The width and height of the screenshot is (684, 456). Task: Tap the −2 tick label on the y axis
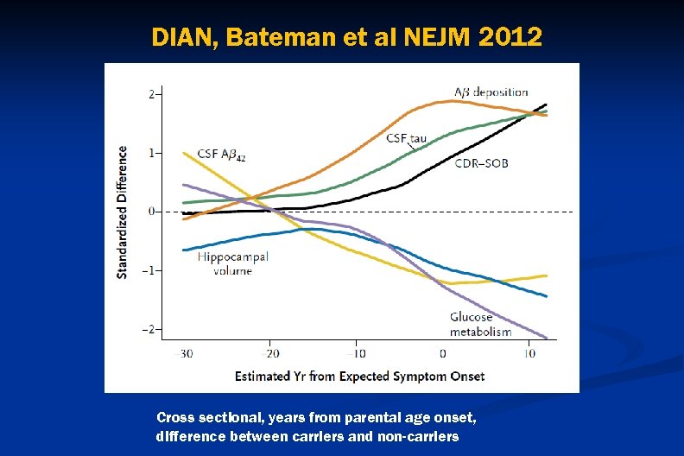click(149, 329)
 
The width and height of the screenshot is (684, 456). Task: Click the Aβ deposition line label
click(491, 92)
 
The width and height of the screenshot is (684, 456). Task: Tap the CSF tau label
click(406, 138)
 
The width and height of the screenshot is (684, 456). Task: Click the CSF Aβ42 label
click(220, 155)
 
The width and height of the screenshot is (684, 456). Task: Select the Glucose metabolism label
click(480, 325)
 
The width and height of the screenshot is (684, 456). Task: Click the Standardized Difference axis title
click(123, 212)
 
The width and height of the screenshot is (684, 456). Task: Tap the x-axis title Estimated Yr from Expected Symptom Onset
click(359, 376)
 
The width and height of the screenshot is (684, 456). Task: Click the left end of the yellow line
click(184, 153)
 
